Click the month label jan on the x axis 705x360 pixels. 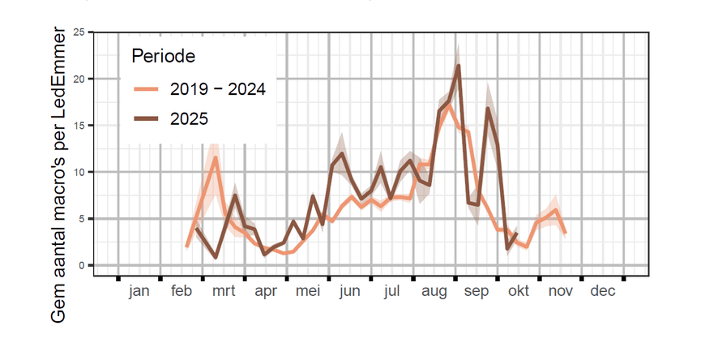pos(139,291)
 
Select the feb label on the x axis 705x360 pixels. pos(182,291)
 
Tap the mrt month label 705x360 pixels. pos(223,291)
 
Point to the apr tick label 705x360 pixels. pos(266,291)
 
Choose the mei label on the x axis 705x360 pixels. pos(308,291)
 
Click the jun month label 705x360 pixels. pos(350,291)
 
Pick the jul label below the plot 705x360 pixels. pos(392,291)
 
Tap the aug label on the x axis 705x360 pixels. pos(434,291)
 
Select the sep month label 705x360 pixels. pos(476,291)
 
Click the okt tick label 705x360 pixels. pos(519,291)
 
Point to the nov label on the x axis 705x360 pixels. pos(561,291)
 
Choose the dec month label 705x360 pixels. pos(603,291)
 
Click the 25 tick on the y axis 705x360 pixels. pos(79,32)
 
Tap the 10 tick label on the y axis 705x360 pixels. pos(79,173)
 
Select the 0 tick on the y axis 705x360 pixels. pos(81,266)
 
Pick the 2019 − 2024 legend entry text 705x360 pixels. pos(218,89)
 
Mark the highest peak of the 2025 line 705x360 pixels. pos(459,66)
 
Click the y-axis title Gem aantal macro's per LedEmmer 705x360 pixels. pos(58,174)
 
